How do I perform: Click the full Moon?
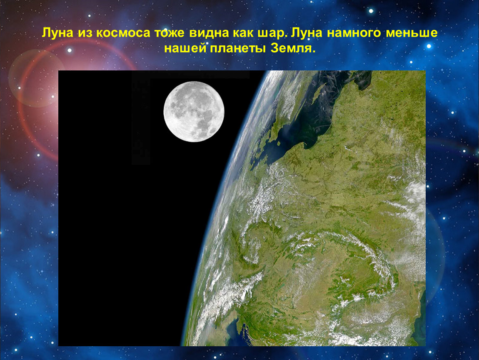[x=194, y=112]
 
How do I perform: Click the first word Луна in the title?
[x=58, y=32]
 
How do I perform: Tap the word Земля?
[x=293, y=48]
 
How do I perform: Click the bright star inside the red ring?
[x=70, y=50]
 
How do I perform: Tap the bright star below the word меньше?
[x=429, y=46]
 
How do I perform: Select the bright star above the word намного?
[x=371, y=11]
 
